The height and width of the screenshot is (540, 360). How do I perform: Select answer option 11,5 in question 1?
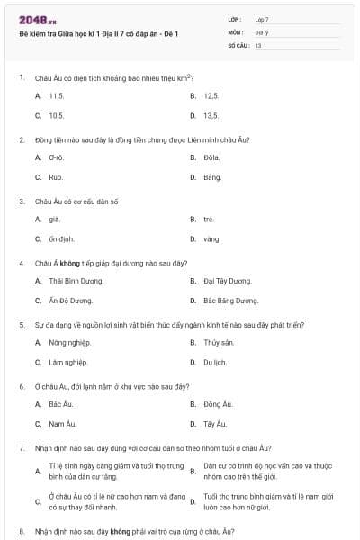coord(56,94)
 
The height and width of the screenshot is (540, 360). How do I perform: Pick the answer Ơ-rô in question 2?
coord(56,157)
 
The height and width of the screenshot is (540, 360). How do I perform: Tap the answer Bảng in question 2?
coord(212,177)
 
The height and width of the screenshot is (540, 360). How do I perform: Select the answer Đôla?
coord(212,157)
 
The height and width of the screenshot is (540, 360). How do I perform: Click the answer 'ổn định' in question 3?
coord(61,238)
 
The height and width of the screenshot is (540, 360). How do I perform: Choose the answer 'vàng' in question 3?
coord(211,238)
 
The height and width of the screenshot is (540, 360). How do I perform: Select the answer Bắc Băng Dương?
coord(230,301)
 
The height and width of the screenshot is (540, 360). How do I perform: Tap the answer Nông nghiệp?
coord(68,342)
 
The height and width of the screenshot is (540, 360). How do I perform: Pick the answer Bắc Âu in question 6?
coord(60,403)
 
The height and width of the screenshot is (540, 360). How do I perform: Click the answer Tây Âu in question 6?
coord(215,423)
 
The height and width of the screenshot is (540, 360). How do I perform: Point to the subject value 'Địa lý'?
coord(261,31)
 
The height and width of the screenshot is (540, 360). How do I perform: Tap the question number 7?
coord(21,447)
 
